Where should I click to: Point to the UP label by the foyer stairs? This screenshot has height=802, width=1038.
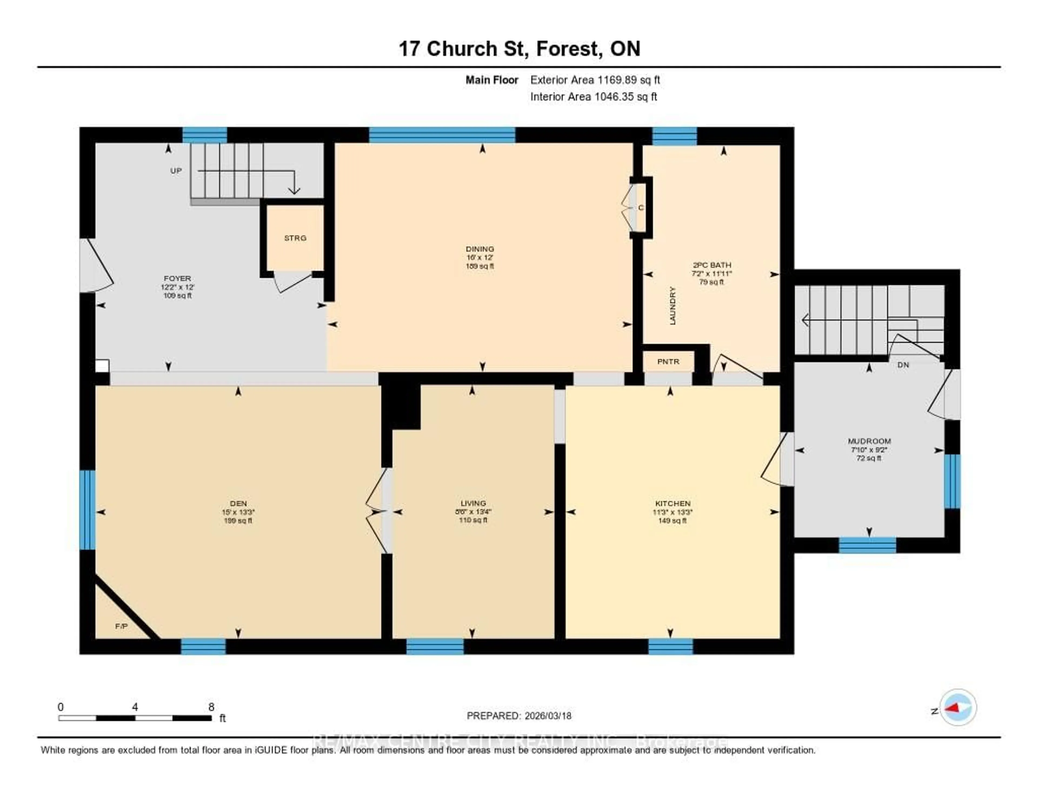coord(176,171)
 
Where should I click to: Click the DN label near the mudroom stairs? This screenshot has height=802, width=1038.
coord(903,365)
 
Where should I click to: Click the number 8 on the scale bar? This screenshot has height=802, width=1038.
coord(211,707)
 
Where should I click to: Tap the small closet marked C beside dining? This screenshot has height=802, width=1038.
coord(640,208)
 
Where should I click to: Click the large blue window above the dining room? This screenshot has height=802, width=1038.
coord(442,135)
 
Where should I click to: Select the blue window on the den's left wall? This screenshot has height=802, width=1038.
coord(88,510)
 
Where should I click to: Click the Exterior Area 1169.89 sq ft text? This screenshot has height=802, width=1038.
coord(595,80)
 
